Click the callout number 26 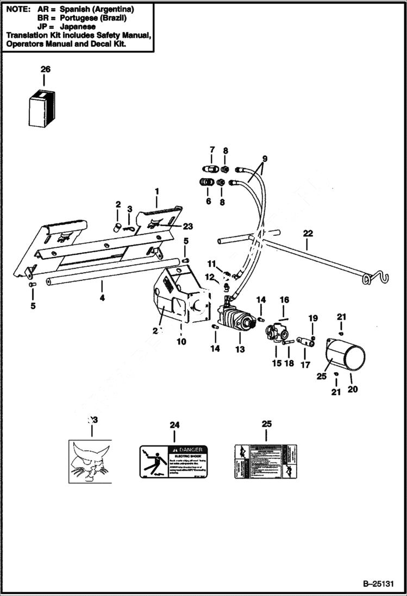(x=45, y=69)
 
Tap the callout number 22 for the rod (x=308, y=233)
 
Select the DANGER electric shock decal (x=174, y=462)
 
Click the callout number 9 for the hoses (x=265, y=159)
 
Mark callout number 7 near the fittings (x=211, y=149)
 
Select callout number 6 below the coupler (x=208, y=200)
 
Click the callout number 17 (x=305, y=365)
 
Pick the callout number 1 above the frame (x=156, y=191)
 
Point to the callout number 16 (x=284, y=299)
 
